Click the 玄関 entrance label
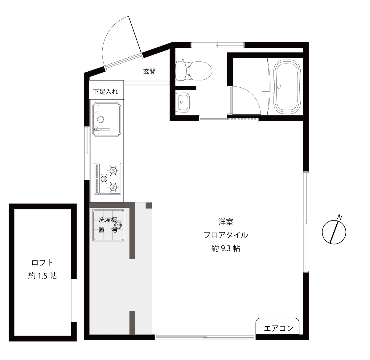(x=149, y=72)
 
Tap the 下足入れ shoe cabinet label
(x=105, y=91)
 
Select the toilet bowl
(x=199, y=71)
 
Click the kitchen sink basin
(x=107, y=118)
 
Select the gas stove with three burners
(x=107, y=178)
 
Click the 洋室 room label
(x=225, y=221)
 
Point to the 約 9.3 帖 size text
(x=226, y=248)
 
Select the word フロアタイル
(x=226, y=235)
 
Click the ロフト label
(x=43, y=263)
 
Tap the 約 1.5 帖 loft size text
(x=43, y=276)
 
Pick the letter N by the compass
(x=340, y=217)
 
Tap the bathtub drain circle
(x=280, y=87)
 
